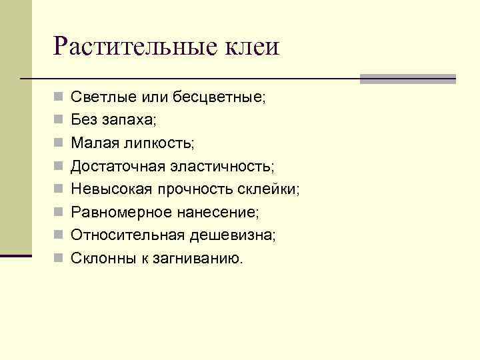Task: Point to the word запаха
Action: (129, 120)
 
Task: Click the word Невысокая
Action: (111, 189)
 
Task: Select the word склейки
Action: (269, 189)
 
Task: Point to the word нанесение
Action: (215, 211)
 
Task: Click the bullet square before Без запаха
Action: (59, 121)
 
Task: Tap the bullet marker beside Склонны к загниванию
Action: (59, 257)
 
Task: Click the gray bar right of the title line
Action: (407, 79)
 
